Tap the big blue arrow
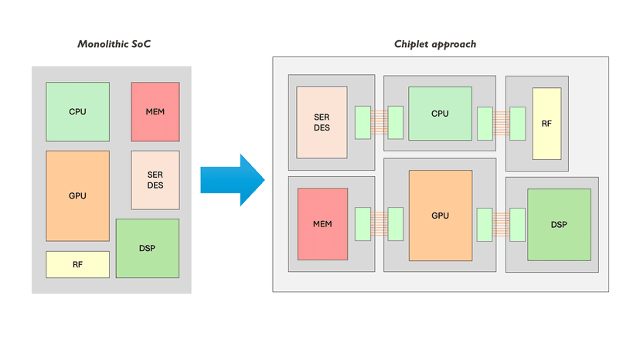(x=232, y=180)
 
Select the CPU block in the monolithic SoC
(x=77, y=112)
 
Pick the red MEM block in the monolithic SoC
(x=155, y=112)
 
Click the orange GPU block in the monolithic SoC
(x=77, y=195)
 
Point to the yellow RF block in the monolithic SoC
(x=77, y=264)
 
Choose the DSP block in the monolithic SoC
(x=147, y=248)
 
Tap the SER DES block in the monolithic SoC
(x=155, y=180)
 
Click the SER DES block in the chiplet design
(x=322, y=122)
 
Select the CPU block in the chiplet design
(x=440, y=114)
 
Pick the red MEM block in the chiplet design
(x=322, y=224)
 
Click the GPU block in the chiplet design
(x=440, y=215)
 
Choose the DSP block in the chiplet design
(x=559, y=225)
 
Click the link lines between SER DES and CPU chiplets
(x=379, y=122)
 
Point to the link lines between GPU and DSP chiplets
(x=501, y=224)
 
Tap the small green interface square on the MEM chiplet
(x=363, y=224)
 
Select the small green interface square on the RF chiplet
(x=517, y=123)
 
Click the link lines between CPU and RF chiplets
(x=501, y=122)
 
